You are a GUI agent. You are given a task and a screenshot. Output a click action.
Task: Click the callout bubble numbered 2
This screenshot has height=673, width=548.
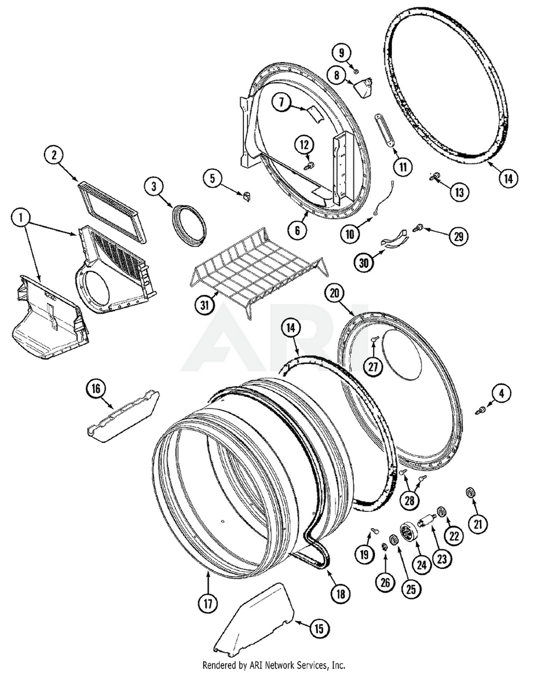pyautogui.click(x=54, y=155)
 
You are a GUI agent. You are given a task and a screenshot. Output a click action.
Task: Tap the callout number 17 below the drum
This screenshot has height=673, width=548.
pyautogui.click(x=207, y=604)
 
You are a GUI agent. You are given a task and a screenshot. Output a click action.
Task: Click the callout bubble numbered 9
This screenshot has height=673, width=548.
pyautogui.click(x=341, y=53)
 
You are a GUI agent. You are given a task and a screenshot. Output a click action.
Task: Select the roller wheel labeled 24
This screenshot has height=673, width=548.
pyautogui.click(x=407, y=532)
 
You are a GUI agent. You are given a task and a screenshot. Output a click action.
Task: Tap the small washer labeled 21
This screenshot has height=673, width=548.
pyautogui.click(x=470, y=493)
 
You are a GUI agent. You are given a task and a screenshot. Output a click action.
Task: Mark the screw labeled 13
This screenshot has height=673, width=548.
pyautogui.click(x=436, y=176)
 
